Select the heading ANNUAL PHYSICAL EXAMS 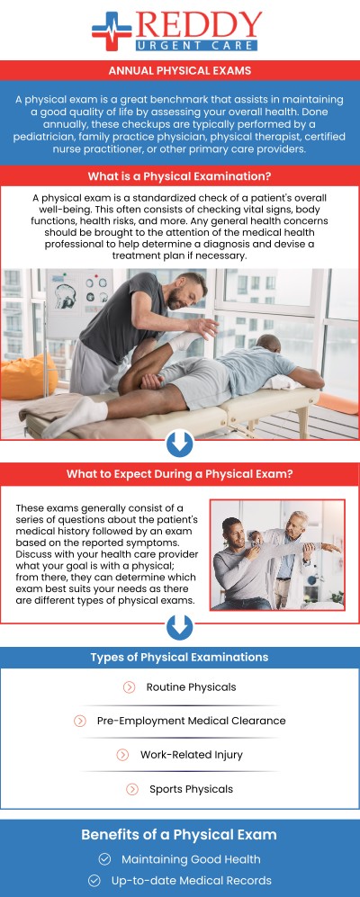[180, 70]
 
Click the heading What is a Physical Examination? [180, 176]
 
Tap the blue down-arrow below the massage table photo [180, 443]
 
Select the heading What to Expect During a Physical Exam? [180, 474]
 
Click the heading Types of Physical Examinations [179, 658]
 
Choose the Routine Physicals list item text [191, 687]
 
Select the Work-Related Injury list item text [191, 755]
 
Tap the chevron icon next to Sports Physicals [132, 789]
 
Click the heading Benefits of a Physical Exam [179, 834]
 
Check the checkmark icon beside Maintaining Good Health [104, 859]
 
